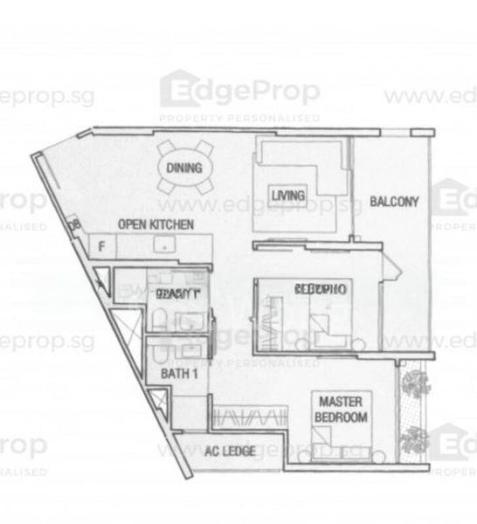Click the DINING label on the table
click(185, 169)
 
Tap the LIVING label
click(287, 196)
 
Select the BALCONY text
click(394, 201)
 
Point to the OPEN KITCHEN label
click(156, 223)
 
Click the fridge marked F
click(102, 246)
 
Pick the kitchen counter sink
click(163, 246)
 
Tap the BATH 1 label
click(176, 373)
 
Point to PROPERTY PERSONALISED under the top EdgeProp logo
click(239, 117)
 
